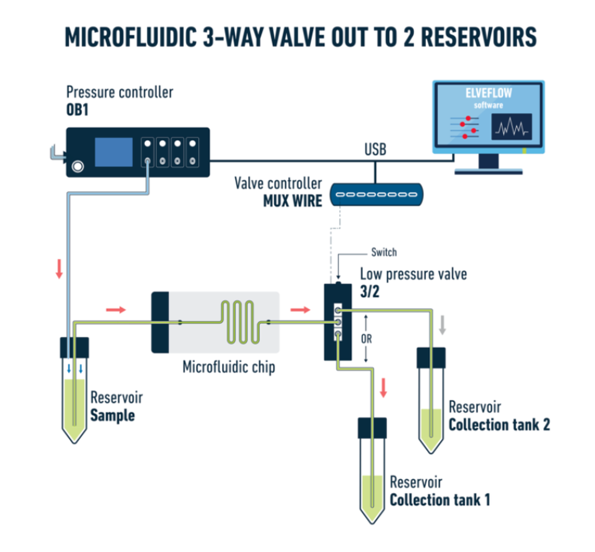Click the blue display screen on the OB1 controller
click(x=113, y=152)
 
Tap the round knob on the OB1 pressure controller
click(x=78, y=167)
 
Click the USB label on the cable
click(x=375, y=150)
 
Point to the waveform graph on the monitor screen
click(x=511, y=127)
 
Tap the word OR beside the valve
click(x=366, y=338)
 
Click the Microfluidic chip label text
click(x=228, y=367)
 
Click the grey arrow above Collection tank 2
click(x=443, y=326)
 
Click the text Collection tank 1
click(x=439, y=499)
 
